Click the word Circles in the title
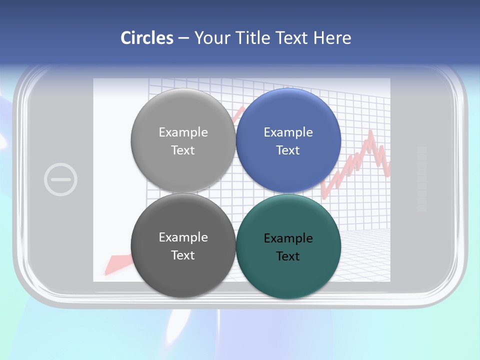pos(147,38)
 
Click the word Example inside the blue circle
pos(288,132)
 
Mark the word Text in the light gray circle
pos(183,150)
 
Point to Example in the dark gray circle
pos(183,237)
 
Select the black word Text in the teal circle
pos(288,256)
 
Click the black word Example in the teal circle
pos(288,238)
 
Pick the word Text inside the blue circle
pos(288,150)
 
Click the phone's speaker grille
pos(421,178)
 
